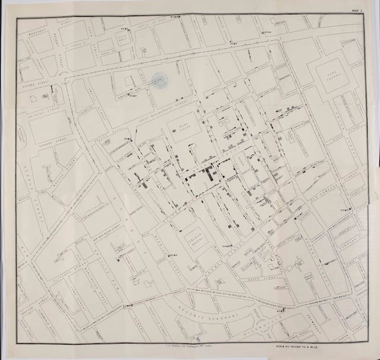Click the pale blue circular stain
pyautogui.click(x=157, y=80)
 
